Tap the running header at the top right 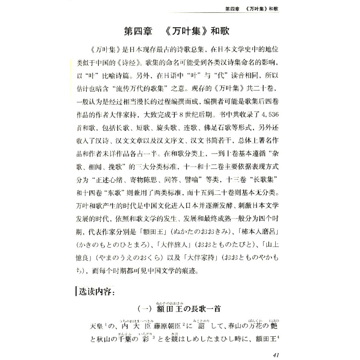[252, 9]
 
